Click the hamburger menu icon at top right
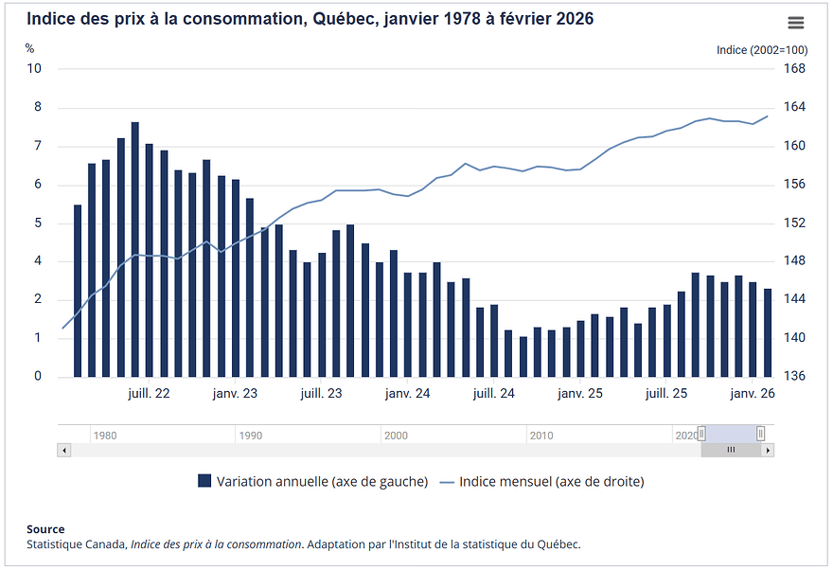[x=795, y=23]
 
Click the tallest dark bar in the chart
[x=135, y=249]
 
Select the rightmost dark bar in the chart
[x=768, y=332]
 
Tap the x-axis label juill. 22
[x=149, y=393]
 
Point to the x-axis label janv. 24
[x=408, y=393]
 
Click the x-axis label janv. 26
[x=753, y=393]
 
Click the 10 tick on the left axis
[x=34, y=68]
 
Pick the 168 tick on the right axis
[x=794, y=68]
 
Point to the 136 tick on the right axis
[x=794, y=377]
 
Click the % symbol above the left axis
[x=29, y=48]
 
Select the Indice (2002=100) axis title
[x=761, y=49]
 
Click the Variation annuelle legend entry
[x=312, y=481]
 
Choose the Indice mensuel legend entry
[x=541, y=481]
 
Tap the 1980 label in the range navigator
[x=105, y=436]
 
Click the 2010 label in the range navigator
[x=541, y=436]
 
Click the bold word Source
[x=45, y=529]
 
